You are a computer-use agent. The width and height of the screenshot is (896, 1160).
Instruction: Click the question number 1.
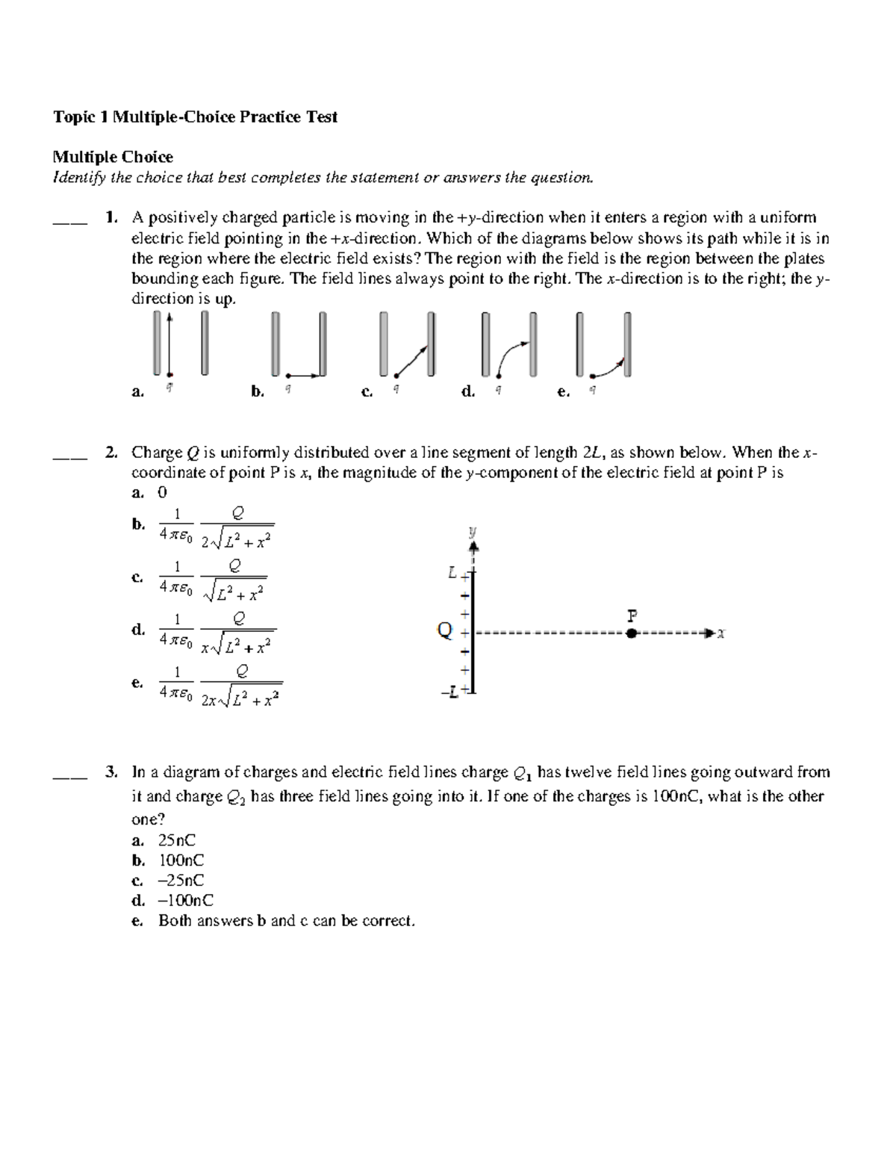(x=111, y=218)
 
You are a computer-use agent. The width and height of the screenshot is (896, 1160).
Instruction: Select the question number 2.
(x=111, y=453)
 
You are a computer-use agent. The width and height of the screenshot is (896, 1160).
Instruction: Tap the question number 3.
(x=111, y=772)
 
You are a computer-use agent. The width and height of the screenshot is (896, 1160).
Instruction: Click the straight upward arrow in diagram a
(x=170, y=344)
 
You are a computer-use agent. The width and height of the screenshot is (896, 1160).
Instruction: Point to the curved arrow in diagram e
(x=609, y=368)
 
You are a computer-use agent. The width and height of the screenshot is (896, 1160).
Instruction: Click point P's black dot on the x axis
(x=632, y=633)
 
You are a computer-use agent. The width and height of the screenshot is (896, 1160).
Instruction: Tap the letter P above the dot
(x=632, y=616)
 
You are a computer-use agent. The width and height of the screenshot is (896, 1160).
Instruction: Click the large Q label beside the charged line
(x=444, y=631)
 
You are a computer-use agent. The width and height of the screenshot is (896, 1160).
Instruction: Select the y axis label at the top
(x=472, y=533)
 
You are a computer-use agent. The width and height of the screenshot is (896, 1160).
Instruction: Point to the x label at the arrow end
(x=721, y=634)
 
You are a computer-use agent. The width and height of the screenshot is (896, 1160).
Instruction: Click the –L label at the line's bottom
(x=450, y=693)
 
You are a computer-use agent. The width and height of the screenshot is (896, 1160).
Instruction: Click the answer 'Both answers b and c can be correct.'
(x=286, y=921)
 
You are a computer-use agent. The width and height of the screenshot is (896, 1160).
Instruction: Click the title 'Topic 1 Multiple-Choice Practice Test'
(x=195, y=117)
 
